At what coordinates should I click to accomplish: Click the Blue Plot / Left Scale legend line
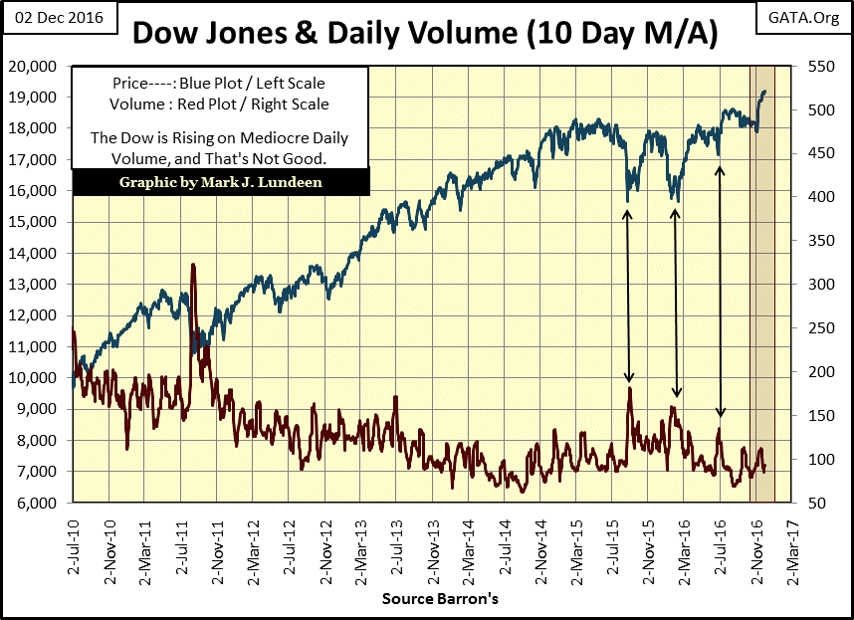coord(219,85)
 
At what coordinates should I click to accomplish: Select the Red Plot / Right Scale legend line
coord(219,103)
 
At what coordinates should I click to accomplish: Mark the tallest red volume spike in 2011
coord(192,267)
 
